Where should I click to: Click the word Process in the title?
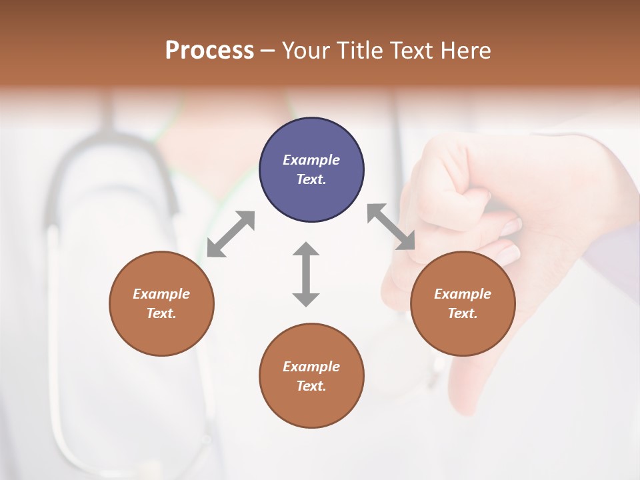[x=209, y=51]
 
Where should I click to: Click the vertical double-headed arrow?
[x=306, y=275]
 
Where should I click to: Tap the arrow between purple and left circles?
[x=231, y=234]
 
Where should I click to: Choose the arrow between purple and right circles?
[x=391, y=227]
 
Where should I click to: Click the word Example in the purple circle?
[x=311, y=160]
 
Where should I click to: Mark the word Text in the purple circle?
[x=310, y=179]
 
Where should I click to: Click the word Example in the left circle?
[x=161, y=294]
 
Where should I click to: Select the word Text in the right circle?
[x=461, y=313]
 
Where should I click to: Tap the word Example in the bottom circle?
[x=311, y=367]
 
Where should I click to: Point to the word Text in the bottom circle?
[x=310, y=386]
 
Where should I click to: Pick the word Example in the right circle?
[x=463, y=294]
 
